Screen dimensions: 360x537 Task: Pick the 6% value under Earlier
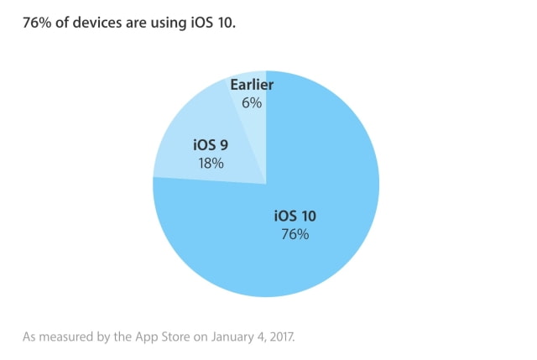pos(252,103)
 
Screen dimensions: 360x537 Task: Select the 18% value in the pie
pos(210,163)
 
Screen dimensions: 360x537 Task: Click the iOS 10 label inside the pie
pos(295,217)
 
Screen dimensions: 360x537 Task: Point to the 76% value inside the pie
pos(295,235)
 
